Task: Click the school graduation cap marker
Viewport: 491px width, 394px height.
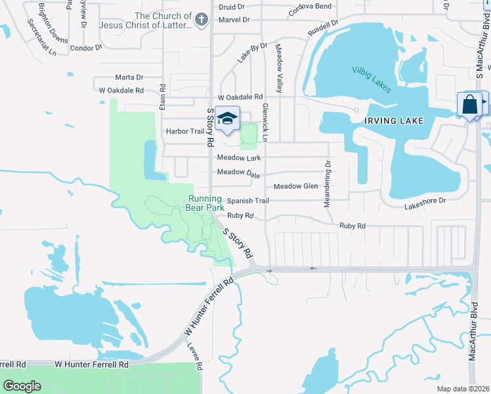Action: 227,118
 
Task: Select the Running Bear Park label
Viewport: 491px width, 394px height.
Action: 206,204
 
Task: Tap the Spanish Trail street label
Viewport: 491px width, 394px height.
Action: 248,201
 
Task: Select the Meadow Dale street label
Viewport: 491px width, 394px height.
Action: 238,173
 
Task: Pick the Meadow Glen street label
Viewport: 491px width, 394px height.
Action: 295,186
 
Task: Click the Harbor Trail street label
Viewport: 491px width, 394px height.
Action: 185,131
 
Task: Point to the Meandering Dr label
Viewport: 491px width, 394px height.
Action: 327,185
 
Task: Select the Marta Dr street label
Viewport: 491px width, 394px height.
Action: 129,77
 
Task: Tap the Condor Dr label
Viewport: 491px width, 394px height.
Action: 86,48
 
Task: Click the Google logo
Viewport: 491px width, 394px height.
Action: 22,386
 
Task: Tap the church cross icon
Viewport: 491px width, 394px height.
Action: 202,20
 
